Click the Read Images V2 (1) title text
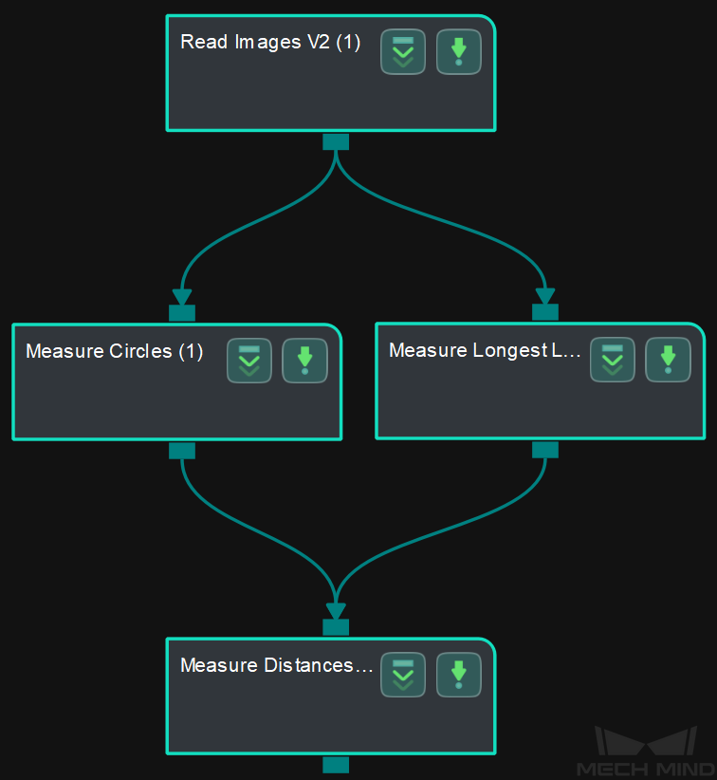coord(270,43)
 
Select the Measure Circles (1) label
coord(115,351)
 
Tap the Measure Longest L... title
coord(485,350)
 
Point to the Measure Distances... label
coord(276,665)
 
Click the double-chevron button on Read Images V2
coord(403,52)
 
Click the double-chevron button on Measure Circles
coord(249,361)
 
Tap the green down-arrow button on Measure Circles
coord(304,361)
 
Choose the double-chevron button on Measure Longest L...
coord(613,360)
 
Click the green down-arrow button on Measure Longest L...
coord(669,360)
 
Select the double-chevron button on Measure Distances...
coord(403,675)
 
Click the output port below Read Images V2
coord(336,141)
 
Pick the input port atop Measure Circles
coord(182,313)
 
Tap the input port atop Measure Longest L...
coord(545,312)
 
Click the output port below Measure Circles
coord(182,451)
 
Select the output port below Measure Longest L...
coord(545,450)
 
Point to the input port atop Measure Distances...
coord(336,627)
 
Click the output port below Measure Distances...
coord(336,765)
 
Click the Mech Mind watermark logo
coord(646,752)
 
